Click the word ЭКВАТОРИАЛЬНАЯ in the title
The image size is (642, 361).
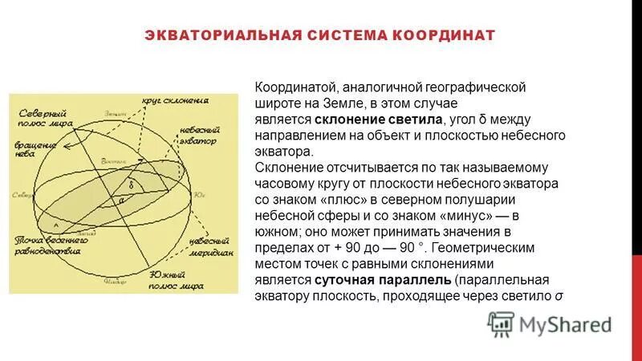[x=222, y=35]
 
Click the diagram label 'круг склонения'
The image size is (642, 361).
[x=176, y=101]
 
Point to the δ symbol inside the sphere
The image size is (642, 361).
[x=131, y=184]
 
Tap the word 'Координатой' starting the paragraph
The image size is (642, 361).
[x=295, y=87]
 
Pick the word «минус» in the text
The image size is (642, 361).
[x=464, y=215]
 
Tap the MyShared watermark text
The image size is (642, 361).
[x=565, y=324]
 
